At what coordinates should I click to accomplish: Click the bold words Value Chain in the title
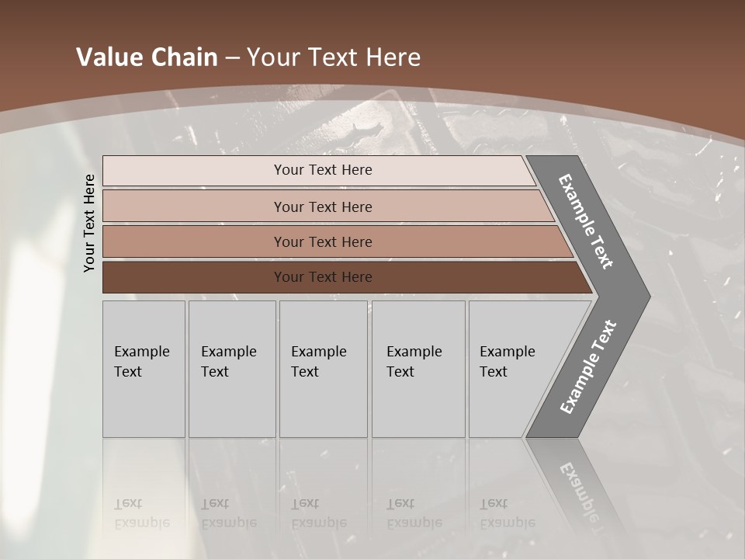(147, 57)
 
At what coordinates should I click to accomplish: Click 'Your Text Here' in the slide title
(334, 57)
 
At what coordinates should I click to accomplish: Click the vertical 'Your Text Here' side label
(89, 223)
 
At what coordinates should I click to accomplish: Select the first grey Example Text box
(144, 369)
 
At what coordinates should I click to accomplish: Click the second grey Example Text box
(231, 369)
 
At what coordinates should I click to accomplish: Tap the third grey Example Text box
(322, 369)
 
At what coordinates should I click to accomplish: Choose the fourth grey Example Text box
(418, 369)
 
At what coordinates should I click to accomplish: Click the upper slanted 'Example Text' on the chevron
(586, 221)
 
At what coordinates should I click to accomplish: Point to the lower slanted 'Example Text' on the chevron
(588, 367)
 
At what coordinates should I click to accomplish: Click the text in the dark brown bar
(323, 277)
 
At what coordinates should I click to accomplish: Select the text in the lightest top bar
(323, 170)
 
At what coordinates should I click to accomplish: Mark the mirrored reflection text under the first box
(141, 514)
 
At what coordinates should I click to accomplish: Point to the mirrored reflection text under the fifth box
(507, 514)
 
